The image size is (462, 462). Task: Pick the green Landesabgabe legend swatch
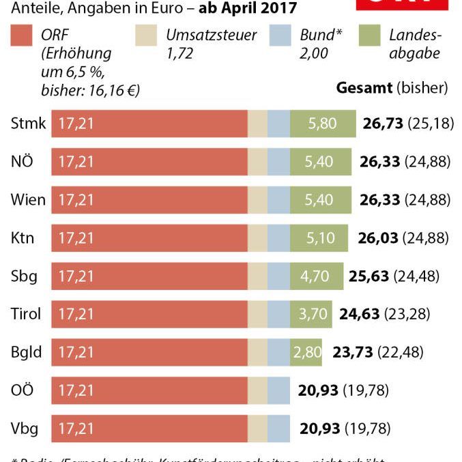[x=369, y=36]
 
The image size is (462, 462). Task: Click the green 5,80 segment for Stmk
[x=323, y=124]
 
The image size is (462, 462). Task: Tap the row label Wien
[x=28, y=200]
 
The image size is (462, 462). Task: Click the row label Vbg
[x=25, y=429]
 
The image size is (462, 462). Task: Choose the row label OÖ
[x=23, y=390]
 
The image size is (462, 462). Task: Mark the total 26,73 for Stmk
[x=381, y=124]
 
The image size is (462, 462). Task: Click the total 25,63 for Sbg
[x=369, y=276]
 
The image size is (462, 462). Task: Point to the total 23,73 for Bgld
[x=353, y=352]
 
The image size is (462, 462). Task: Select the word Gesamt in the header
[x=364, y=88]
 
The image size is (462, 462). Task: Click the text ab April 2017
[x=248, y=8]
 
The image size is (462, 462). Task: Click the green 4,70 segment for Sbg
[x=315, y=276]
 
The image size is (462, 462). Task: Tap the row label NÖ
[x=23, y=162]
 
